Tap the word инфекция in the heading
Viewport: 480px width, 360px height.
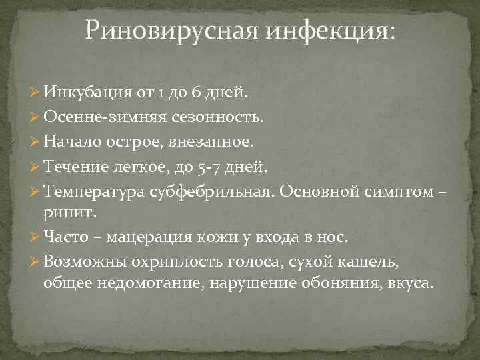[319, 31]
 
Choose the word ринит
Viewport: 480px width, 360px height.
[69, 213]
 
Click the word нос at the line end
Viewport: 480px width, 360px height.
[333, 237]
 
